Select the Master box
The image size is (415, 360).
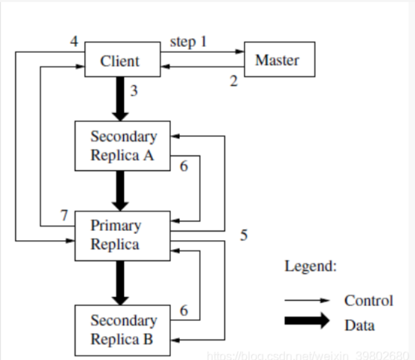279,60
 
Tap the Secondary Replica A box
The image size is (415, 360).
122,145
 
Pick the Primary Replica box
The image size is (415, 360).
122,235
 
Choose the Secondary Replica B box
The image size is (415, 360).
122,330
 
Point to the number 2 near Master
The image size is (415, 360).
234,81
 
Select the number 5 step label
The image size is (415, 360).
244,235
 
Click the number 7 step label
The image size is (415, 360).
64,216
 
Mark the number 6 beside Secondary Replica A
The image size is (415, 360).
184,166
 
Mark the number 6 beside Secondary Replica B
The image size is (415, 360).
184,311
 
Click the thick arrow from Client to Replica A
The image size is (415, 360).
120,98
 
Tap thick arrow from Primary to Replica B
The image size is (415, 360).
120,282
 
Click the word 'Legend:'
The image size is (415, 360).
311,266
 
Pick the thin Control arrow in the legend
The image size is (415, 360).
307,300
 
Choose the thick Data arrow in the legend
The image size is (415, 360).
307,320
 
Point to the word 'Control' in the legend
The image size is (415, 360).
368,300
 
